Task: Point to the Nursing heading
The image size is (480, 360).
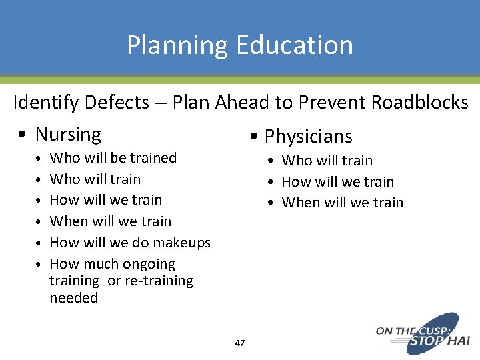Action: coord(68,134)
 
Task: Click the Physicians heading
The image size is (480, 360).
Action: coord(308,137)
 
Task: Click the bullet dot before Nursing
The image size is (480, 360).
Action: coord(23,135)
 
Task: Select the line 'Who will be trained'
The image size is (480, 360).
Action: coord(113,158)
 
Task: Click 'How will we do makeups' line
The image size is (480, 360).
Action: coord(130,243)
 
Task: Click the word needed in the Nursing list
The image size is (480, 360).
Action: coord(73,298)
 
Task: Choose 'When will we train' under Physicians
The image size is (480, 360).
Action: coord(342,203)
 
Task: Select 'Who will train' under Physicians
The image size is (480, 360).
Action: coord(327,161)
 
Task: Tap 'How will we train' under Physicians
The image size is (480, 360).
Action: coord(337,182)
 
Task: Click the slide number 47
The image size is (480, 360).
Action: coord(240,343)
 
